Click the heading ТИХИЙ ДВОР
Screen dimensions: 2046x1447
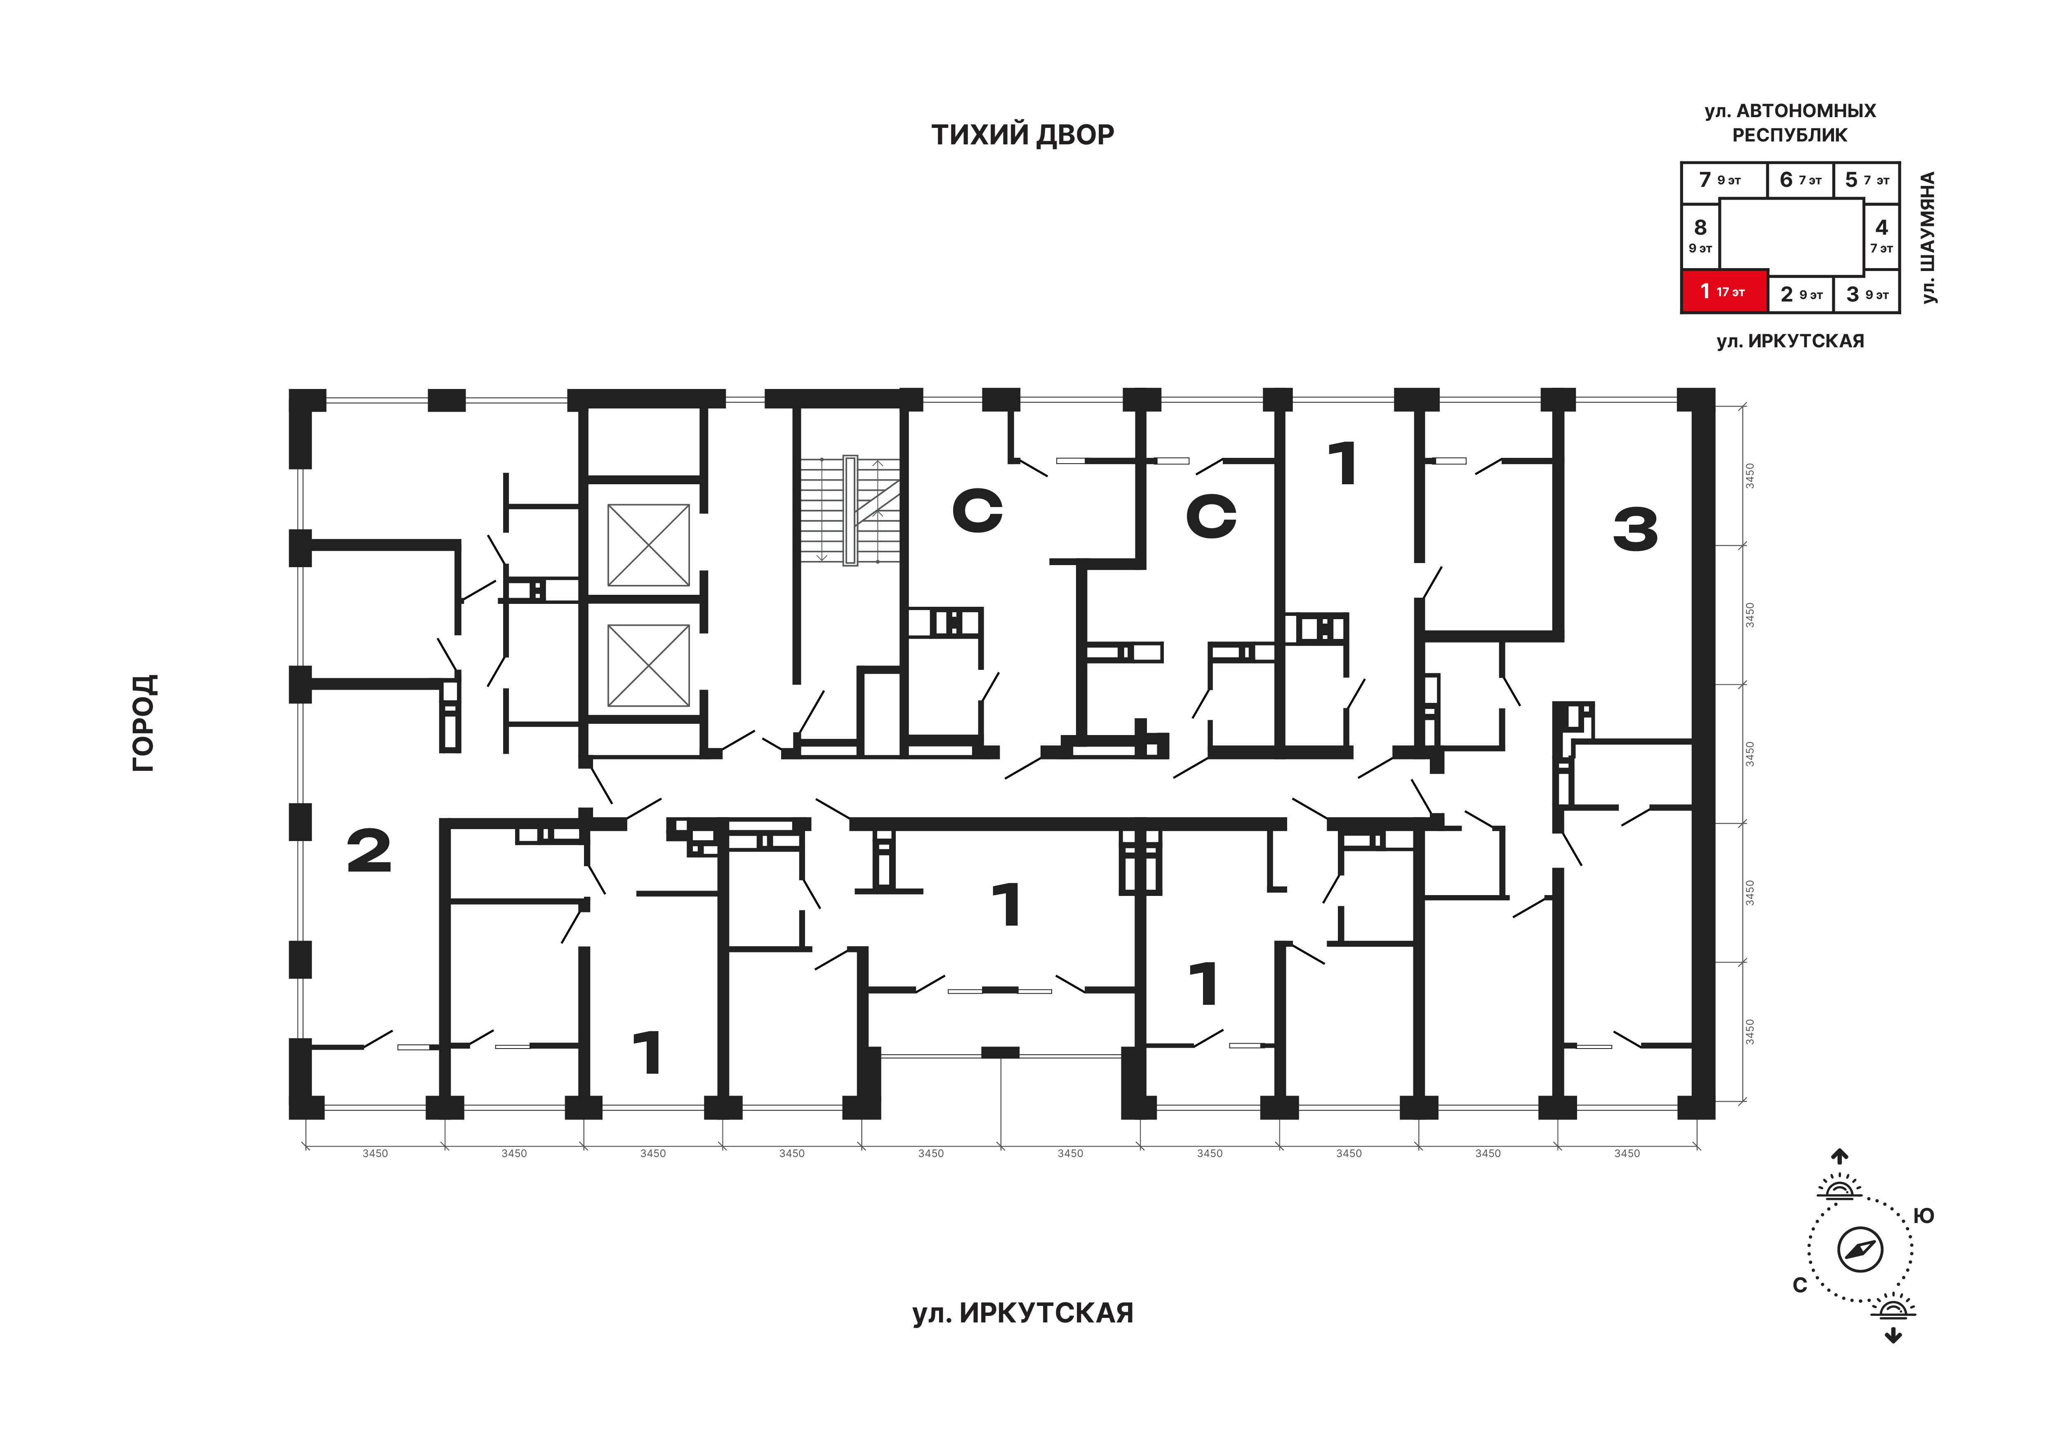[x=1022, y=134]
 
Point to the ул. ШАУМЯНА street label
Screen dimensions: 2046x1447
[x=1928, y=238]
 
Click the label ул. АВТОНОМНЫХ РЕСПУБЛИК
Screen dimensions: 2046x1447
[x=1790, y=123]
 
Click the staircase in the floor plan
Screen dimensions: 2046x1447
[x=849, y=511]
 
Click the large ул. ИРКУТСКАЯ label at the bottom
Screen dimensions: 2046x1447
[x=1022, y=1313]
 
